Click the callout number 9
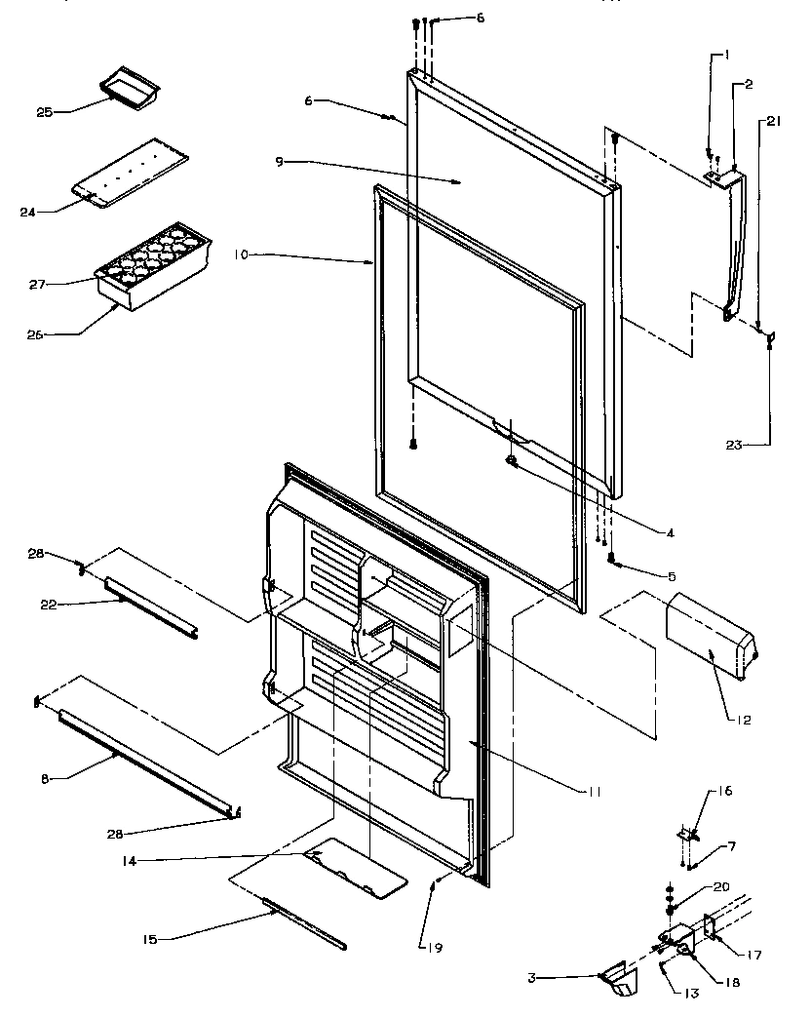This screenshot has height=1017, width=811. click(x=280, y=161)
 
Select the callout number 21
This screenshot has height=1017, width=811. click(x=773, y=121)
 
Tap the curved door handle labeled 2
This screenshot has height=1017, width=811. click(x=740, y=244)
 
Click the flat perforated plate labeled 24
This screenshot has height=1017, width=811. click(x=132, y=172)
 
